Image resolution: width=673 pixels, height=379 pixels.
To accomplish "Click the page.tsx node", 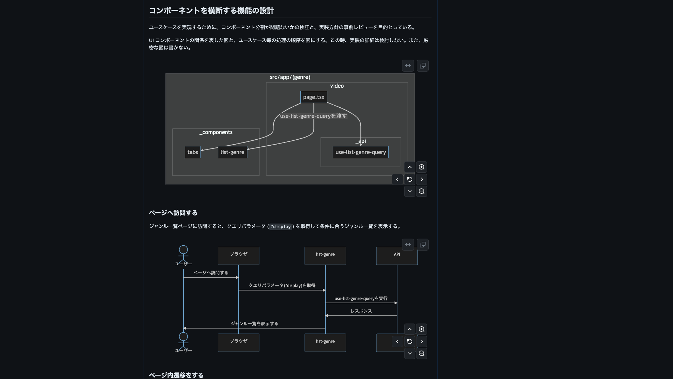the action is [314, 97].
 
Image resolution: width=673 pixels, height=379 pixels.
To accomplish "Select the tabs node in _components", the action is [193, 152].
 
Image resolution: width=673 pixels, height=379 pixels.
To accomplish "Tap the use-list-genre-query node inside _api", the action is [361, 152].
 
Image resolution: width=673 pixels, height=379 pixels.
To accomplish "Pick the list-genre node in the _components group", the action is [232, 152].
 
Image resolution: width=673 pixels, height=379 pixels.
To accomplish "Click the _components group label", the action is [216, 132].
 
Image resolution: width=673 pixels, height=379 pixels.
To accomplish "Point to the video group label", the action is [337, 86].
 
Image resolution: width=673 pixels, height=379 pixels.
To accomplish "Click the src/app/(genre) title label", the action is [290, 77].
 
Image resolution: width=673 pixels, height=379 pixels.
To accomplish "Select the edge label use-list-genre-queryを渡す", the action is [314, 116].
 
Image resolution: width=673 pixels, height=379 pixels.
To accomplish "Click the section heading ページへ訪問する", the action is [173, 213].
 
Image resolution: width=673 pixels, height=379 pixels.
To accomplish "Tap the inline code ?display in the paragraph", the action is [280, 227].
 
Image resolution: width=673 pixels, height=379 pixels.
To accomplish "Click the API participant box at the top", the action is [397, 256].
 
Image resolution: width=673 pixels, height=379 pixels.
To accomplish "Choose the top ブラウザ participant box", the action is [238, 256].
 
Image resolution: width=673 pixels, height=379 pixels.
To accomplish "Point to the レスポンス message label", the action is [361, 311].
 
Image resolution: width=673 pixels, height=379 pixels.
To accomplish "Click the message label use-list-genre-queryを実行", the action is [361, 299].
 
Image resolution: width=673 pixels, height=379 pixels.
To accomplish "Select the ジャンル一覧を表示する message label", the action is [254, 324].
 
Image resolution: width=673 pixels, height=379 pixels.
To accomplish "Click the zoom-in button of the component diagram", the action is [422, 167].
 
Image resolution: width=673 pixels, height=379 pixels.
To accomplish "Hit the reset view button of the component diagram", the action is [410, 179].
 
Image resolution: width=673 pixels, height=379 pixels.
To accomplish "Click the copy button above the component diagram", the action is [423, 66].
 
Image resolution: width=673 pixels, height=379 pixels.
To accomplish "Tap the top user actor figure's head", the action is [183, 250].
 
